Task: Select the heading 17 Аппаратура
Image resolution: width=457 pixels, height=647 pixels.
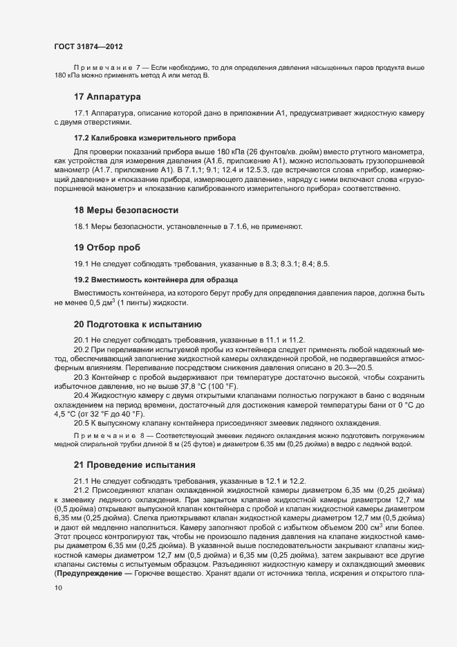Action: [107, 95]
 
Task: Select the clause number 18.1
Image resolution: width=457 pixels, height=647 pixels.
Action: [82, 226]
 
